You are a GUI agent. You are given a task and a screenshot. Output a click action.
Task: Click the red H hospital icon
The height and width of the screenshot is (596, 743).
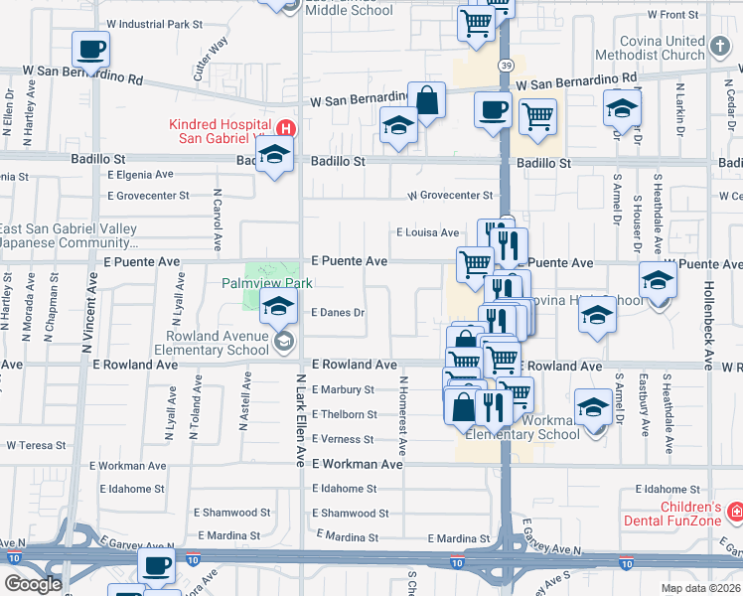click(286, 128)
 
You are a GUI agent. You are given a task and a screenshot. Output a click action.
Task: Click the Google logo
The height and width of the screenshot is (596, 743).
click(33, 584)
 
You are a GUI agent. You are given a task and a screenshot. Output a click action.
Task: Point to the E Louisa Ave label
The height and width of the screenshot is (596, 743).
click(427, 231)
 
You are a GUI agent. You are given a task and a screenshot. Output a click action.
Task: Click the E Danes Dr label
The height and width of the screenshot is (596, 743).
click(339, 312)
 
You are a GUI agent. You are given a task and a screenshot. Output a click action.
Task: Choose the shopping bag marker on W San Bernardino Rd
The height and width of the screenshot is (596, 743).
click(426, 100)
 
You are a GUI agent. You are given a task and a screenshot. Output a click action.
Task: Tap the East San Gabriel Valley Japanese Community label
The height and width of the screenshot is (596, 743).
click(69, 235)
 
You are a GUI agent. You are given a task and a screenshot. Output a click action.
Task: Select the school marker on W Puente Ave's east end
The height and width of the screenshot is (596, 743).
click(657, 281)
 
